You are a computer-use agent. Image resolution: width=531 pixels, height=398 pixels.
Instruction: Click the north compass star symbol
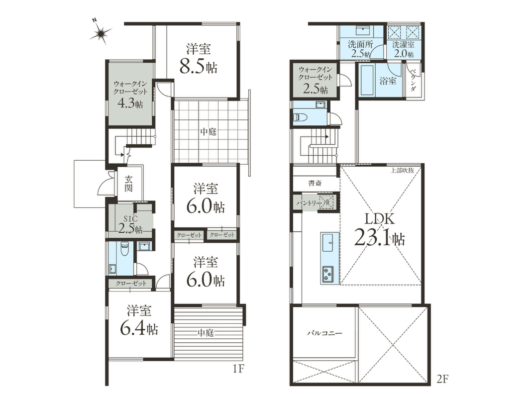pos(101,33)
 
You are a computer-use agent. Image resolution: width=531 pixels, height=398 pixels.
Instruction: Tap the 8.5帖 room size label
pos(199,67)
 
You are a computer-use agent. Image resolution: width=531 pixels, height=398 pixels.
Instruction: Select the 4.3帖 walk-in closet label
pos(130,103)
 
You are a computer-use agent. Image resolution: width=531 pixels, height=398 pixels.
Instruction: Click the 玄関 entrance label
pos(128,184)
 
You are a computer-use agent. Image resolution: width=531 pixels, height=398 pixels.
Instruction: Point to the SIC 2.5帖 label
pos(130,224)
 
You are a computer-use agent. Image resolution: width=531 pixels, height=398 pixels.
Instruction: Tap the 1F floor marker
pos(238,369)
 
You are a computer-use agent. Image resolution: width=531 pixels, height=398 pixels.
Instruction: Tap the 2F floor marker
pos(442,379)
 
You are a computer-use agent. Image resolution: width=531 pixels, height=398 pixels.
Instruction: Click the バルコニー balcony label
pos(325,333)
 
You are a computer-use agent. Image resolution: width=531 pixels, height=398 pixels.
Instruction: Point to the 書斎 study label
pos(315,184)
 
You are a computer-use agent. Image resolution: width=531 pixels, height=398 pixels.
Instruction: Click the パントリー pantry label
pos(309,203)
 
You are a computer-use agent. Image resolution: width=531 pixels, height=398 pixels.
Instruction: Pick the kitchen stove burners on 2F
pos(327,274)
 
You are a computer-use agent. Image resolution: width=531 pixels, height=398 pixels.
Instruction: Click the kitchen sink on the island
pos(327,243)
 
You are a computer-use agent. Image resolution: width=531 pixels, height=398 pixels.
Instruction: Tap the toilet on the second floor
pos(301,117)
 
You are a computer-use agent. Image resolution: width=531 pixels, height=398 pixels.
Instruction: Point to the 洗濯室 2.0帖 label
pos(403,49)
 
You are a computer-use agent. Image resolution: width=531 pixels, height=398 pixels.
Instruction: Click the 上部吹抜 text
pos(402,170)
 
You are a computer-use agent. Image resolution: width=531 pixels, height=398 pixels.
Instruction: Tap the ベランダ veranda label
pos(413,80)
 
